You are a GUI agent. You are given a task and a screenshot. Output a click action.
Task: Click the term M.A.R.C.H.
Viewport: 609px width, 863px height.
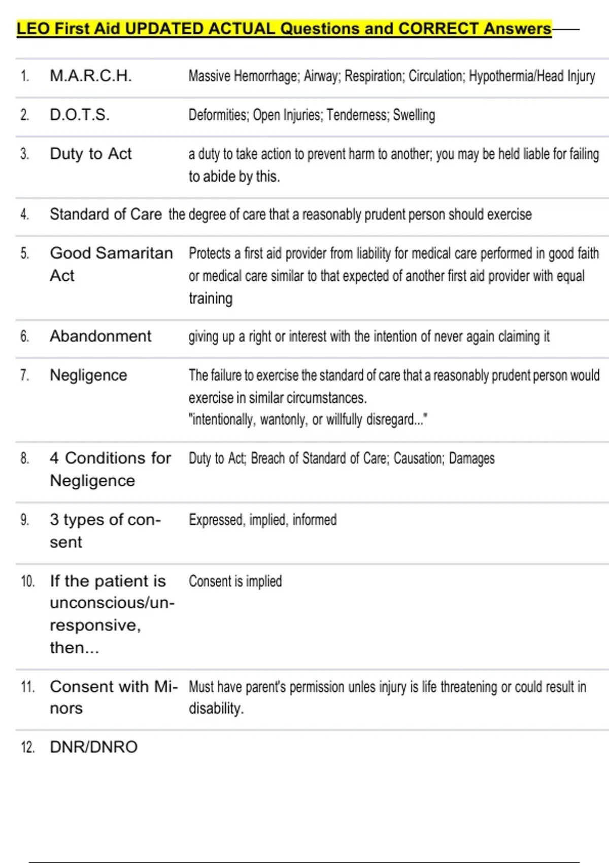90,76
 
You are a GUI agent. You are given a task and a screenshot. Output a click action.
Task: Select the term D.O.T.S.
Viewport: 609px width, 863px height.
79,115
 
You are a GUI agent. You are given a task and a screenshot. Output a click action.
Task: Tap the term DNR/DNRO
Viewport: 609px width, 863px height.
93,747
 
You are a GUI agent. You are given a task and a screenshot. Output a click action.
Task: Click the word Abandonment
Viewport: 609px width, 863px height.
100,336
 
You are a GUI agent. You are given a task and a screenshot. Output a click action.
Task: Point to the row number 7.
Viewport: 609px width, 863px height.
24,375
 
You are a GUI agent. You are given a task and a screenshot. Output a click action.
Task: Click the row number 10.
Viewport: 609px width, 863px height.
27,581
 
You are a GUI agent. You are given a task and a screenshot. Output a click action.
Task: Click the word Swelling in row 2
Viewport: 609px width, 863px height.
414,115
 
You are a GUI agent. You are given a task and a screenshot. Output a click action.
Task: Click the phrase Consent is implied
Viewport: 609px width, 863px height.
235,581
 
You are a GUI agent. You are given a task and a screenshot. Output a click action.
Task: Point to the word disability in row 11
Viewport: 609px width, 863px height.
215,709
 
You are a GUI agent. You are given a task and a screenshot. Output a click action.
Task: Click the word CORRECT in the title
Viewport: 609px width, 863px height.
438,28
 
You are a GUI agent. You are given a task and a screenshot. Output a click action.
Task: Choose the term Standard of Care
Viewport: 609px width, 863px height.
106,214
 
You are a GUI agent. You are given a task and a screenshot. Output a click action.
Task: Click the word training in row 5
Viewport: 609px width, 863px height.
211,298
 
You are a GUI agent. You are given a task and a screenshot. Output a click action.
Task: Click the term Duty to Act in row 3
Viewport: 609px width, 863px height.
90,153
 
